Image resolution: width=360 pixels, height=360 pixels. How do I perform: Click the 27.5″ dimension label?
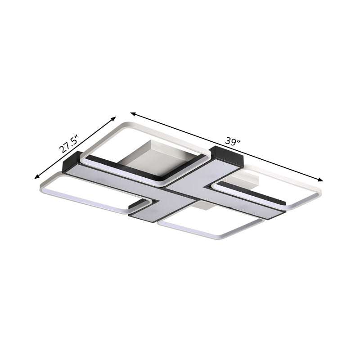coord(68,144)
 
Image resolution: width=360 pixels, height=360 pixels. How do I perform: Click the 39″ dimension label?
coord(233,142)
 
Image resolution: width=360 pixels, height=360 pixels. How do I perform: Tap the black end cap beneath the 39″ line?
coord(226,155)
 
